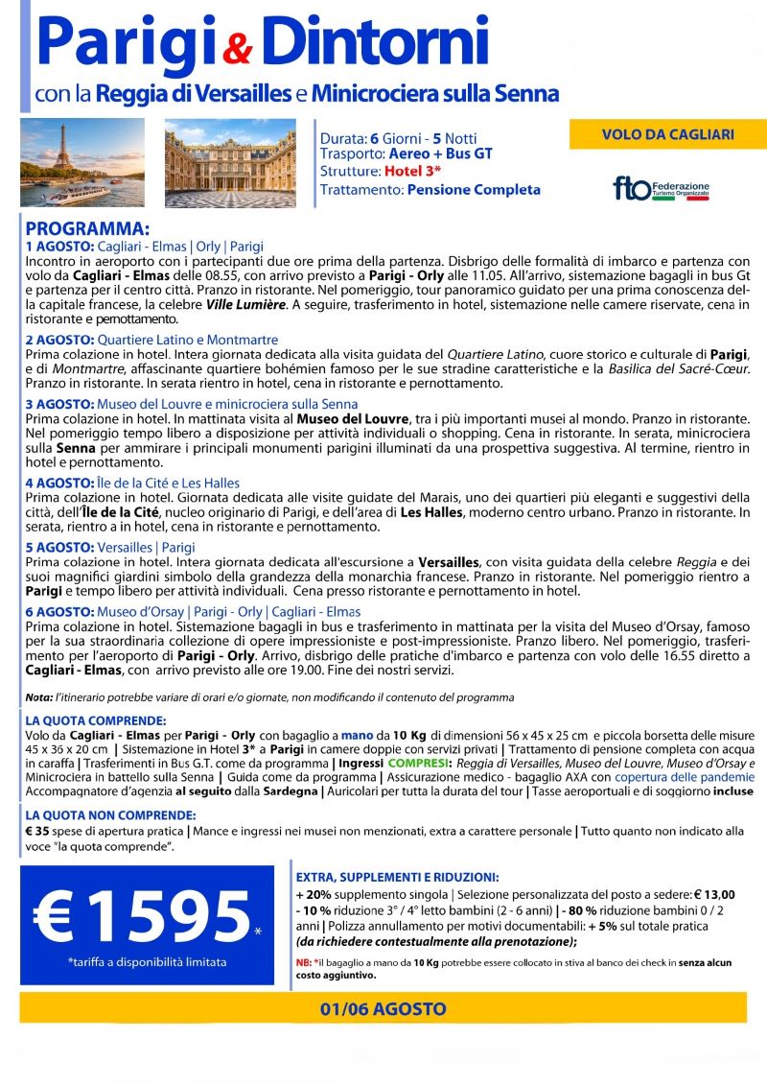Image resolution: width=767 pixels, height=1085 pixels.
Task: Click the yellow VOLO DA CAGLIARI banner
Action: point(667,134)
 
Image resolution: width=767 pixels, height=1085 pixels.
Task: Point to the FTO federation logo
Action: point(662,187)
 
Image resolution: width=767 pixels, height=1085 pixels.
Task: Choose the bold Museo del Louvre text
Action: point(347,419)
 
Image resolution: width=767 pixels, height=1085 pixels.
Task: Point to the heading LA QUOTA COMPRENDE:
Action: point(96,719)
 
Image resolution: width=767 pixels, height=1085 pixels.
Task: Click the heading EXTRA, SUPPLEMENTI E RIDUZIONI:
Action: point(397,877)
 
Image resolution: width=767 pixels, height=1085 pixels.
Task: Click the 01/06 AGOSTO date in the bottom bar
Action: point(383,1008)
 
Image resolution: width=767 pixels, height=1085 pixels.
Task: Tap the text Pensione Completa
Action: point(474,190)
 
